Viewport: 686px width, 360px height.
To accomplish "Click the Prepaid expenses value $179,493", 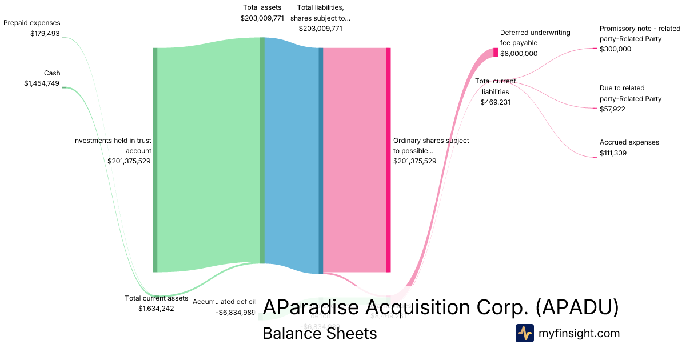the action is click(x=45, y=34).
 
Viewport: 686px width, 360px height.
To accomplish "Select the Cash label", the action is click(x=52, y=73).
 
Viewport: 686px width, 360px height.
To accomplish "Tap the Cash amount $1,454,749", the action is click(x=42, y=83).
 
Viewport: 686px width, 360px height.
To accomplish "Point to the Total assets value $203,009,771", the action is click(x=262, y=18).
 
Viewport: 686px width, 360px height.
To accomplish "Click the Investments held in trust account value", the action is click(x=129, y=161).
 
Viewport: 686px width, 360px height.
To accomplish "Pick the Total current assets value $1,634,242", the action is click(x=156, y=309).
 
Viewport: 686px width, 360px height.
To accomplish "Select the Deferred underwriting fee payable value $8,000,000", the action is click(x=519, y=54).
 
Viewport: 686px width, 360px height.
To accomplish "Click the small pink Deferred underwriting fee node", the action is click(x=496, y=53).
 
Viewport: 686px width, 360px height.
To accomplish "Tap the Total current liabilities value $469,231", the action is click(x=495, y=102).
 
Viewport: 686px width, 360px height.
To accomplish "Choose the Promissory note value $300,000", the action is click(x=615, y=49).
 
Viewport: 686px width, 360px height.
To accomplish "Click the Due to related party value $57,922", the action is click(x=612, y=109).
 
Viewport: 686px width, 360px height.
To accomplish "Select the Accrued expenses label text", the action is click(x=629, y=142).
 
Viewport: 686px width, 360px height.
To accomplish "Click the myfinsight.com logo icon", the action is click(x=525, y=333).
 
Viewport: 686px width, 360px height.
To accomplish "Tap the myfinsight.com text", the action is click(x=579, y=333).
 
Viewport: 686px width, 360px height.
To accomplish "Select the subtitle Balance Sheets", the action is click(x=320, y=333).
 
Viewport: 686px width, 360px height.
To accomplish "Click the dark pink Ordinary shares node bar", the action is click(x=389, y=160).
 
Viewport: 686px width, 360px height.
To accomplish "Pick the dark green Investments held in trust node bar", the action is click(x=155, y=160).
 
